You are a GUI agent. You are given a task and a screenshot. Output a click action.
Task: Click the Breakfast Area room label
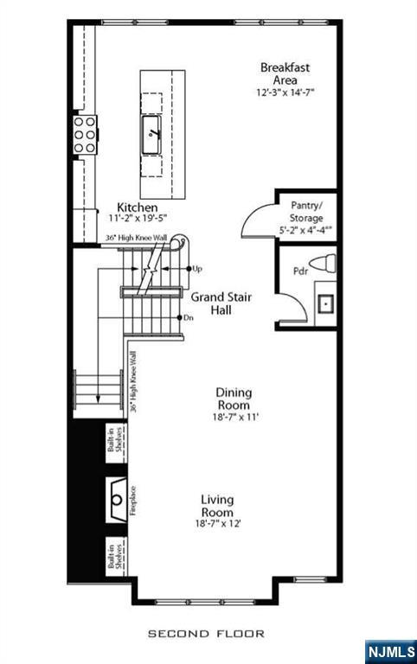click(x=285, y=73)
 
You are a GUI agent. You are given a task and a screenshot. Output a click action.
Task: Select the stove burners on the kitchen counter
click(x=84, y=135)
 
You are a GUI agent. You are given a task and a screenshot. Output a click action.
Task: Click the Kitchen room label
click(x=138, y=207)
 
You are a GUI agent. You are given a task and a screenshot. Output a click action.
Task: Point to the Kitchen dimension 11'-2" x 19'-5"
click(x=138, y=220)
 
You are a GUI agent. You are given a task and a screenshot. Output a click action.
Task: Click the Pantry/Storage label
click(x=306, y=213)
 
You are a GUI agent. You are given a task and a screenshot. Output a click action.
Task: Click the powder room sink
click(x=326, y=303)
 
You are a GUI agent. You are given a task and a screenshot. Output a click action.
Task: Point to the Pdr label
click(x=300, y=271)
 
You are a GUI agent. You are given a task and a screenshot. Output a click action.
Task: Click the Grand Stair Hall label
click(x=221, y=302)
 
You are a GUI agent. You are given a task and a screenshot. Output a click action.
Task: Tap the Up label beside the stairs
click(x=197, y=269)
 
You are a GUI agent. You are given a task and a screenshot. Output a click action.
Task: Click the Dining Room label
click(x=234, y=399)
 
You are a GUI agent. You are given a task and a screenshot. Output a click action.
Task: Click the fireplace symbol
click(x=116, y=499)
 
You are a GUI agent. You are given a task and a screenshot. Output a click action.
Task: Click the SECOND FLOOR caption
click(x=206, y=634)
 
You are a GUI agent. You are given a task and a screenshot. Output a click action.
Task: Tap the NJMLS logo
click(x=390, y=650)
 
